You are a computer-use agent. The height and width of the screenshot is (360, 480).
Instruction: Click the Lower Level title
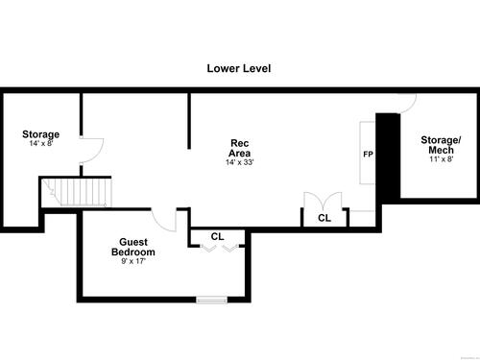coord(239,68)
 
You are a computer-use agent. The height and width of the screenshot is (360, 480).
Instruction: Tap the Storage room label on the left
coord(40,134)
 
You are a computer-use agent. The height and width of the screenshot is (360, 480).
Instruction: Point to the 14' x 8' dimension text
coord(41,143)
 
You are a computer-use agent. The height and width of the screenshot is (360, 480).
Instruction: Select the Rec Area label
coord(240,148)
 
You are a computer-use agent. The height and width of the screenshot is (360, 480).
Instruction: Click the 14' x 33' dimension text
coord(240,162)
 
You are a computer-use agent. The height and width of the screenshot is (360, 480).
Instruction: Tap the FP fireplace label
coord(368,155)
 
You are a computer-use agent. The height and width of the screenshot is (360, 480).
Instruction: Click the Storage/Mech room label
coord(441,145)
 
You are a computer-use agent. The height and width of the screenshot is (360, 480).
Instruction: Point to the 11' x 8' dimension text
coord(442,159)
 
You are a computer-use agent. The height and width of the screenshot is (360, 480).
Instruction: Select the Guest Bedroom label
coord(133,247)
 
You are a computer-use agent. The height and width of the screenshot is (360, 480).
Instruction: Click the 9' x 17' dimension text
coord(133,261)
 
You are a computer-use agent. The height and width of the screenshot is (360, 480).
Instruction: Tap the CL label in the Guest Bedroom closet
coord(217,237)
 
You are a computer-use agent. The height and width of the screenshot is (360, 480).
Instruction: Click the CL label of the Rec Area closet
coord(324,218)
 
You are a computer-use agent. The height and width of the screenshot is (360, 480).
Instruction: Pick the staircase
coord(77,192)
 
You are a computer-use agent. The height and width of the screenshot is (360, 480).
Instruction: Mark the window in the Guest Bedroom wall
coord(211,300)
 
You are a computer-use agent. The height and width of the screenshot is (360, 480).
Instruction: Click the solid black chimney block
coord(388,156)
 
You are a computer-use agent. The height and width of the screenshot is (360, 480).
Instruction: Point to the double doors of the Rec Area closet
coord(323,201)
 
